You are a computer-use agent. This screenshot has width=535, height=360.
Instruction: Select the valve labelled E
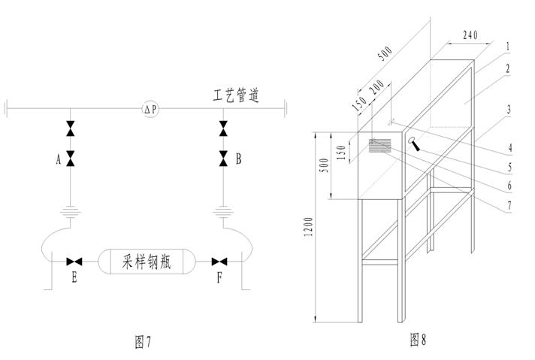tap(74, 262)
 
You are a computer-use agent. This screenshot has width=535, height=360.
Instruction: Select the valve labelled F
tap(219, 262)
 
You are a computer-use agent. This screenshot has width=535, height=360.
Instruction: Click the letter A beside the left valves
tap(57, 159)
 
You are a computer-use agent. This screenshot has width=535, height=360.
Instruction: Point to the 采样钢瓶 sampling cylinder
tap(147, 262)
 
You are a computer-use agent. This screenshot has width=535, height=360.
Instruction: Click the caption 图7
tap(143, 342)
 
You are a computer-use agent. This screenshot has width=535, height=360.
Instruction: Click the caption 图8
tap(418, 340)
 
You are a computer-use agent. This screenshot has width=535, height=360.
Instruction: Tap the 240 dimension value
tap(470, 34)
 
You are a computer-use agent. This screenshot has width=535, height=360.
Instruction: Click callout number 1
tap(509, 46)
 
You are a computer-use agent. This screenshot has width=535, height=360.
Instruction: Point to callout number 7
tap(509, 204)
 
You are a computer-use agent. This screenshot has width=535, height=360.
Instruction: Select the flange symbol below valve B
tap(223, 211)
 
